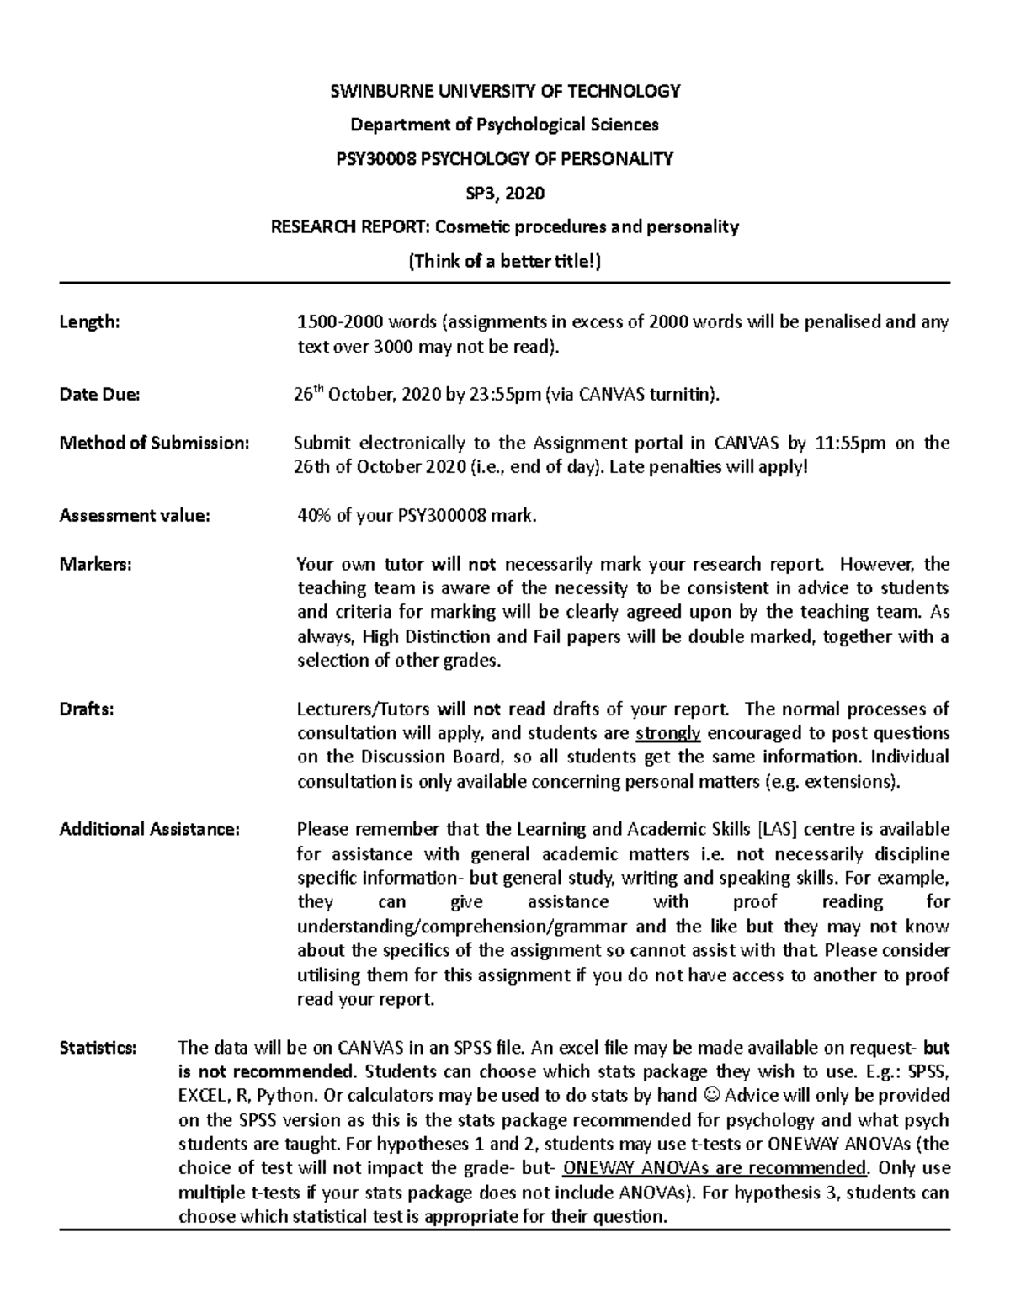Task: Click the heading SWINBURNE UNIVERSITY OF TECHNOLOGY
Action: [504, 91]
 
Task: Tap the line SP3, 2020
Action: [504, 194]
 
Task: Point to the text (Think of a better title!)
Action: [504, 261]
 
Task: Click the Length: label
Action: [89, 321]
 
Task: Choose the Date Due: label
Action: [99, 394]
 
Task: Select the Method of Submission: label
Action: [154, 443]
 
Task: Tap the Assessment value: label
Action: [134, 516]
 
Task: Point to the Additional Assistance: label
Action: [150, 829]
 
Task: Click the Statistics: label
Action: [98, 1048]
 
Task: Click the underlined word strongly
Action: [667, 733]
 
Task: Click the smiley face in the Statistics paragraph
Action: [710, 1096]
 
